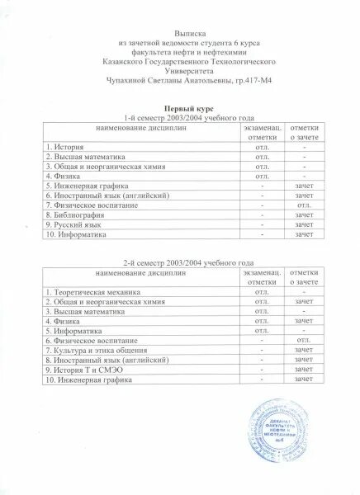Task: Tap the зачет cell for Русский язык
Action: pos(304,224)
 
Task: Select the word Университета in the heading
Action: pos(179,66)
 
